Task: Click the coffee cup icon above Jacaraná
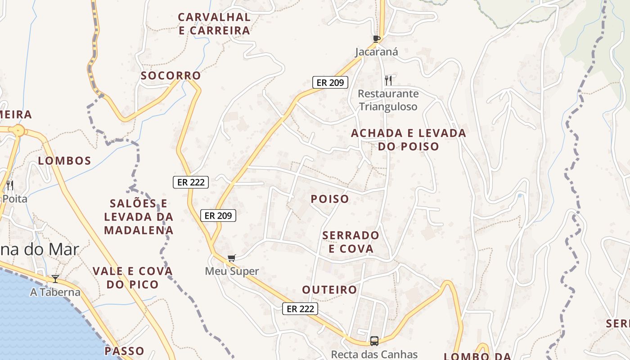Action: (x=377, y=39)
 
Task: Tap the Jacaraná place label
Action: (x=377, y=52)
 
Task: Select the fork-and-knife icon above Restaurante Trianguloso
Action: (x=388, y=81)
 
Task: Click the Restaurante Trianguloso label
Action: (x=388, y=100)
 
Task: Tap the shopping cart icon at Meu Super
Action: (x=231, y=258)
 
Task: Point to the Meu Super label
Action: (x=232, y=271)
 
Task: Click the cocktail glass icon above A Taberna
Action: (x=55, y=279)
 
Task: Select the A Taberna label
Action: (x=55, y=292)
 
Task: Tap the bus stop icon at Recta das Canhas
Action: (x=374, y=341)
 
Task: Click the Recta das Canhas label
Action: (x=374, y=355)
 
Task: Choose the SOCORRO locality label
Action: (x=171, y=76)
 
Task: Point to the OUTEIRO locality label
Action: (x=330, y=290)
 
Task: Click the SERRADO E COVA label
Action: (x=351, y=242)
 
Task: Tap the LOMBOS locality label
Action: (x=65, y=161)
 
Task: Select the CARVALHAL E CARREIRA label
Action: (x=214, y=24)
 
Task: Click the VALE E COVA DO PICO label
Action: (x=133, y=278)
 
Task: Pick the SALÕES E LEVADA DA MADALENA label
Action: (x=139, y=217)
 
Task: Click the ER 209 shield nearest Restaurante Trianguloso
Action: (x=330, y=82)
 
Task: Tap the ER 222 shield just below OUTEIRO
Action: (x=300, y=309)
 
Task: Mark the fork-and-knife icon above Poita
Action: (x=10, y=185)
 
